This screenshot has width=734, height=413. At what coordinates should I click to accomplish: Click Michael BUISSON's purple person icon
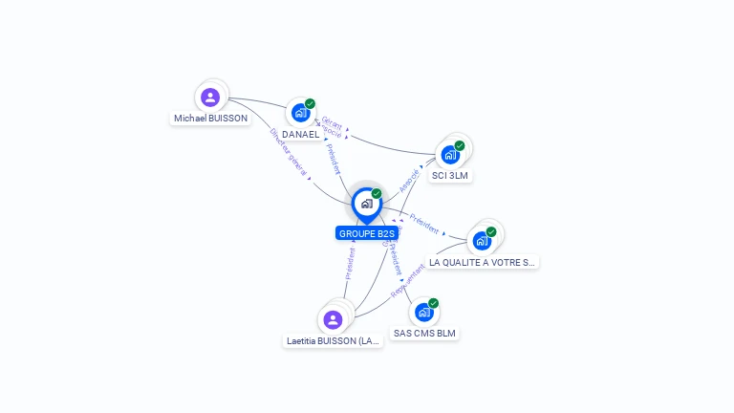pos(210,97)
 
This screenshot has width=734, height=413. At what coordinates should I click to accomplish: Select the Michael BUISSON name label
pos(210,119)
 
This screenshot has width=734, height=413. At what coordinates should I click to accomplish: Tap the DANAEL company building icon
pos(300,113)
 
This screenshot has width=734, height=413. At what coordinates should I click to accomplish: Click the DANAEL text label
pos(300,135)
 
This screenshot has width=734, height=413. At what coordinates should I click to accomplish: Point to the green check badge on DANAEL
pos(311,103)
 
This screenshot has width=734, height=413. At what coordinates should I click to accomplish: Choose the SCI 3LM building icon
pos(449,155)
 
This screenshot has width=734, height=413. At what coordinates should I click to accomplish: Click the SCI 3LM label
pos(450,176)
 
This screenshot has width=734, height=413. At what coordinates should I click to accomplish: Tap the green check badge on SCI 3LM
pos(460,146)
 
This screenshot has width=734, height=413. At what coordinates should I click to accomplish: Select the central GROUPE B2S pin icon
pos(366,204)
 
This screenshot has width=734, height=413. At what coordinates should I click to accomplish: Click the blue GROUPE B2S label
pos(366,233)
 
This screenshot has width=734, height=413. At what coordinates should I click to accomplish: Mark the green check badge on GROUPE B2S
pos(377,193)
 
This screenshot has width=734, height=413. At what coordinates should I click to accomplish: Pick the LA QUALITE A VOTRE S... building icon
pos(482,240)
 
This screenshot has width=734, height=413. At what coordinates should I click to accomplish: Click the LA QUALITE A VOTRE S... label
pos(482,262)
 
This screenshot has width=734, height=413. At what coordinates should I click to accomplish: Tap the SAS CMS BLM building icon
pos(423,312)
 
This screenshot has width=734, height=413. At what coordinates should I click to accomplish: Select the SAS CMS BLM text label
pos(425,334)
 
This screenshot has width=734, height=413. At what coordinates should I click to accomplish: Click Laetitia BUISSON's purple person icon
pos(333,319)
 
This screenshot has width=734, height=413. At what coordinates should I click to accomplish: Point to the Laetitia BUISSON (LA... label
pos(334,340)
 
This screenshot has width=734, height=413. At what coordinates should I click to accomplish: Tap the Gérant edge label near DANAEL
pos(332,122)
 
